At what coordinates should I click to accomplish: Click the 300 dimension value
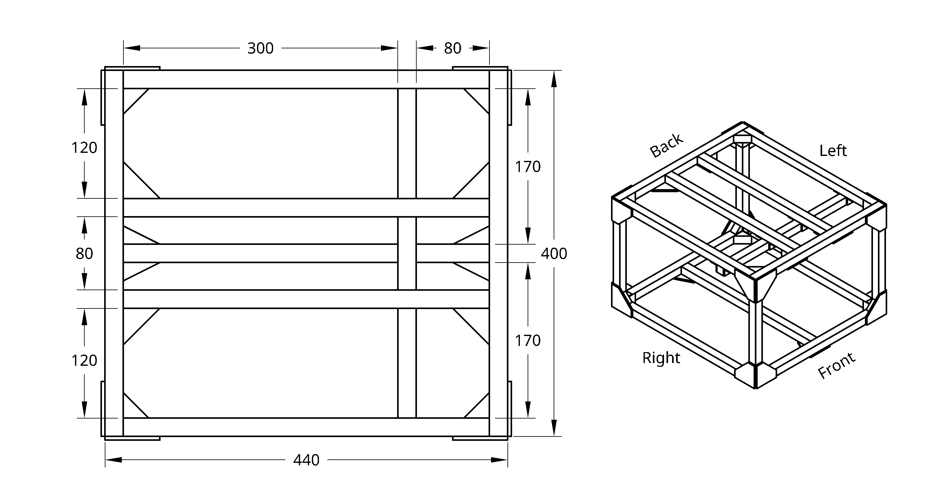[x=260, y=48]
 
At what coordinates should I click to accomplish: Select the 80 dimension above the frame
[x=452, y=48]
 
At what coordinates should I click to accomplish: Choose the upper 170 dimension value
[x=527, y=167]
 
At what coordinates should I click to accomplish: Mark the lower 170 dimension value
[x=527, y=341]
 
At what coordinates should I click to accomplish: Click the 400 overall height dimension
[x=554, y=254]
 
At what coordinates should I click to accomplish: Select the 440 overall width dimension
[x=306, y=460]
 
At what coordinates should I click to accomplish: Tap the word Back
[x=666, y=145]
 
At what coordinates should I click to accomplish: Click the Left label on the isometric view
[x=833, y=151]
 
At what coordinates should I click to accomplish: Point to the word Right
[x=661, y=358]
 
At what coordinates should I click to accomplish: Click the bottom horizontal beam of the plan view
[x=306, y=427]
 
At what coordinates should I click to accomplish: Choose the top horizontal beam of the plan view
[x=306, y=79]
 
